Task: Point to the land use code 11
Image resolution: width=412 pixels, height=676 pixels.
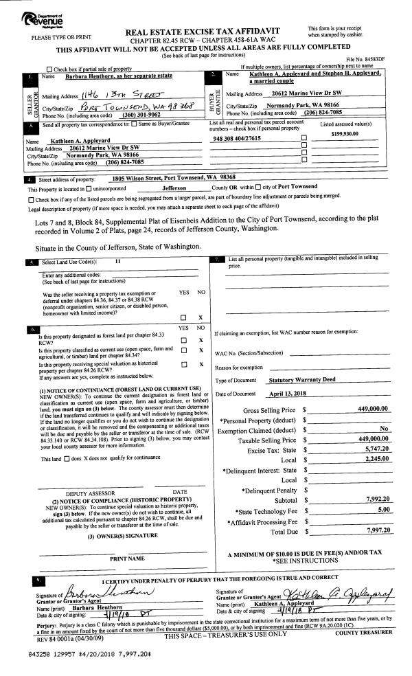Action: click(x=117, y=262)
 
